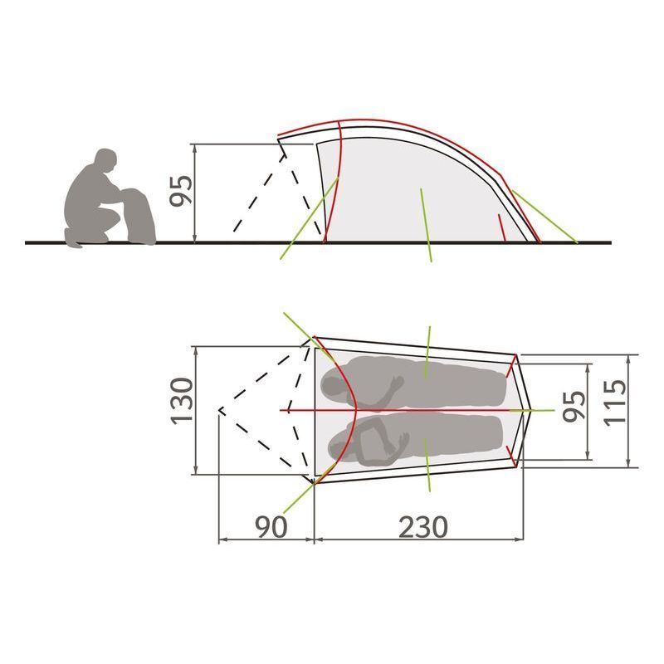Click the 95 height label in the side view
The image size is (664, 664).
point(181,191)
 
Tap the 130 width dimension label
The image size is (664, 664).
point(182,401)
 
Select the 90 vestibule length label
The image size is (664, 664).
point(271,527)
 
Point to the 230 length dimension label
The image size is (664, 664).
point(423,527)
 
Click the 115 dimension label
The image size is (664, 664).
point(614,403)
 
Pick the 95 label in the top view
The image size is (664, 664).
point(574,407)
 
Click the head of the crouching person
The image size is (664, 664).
point(105,160)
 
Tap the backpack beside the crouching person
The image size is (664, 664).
point(139,217)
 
